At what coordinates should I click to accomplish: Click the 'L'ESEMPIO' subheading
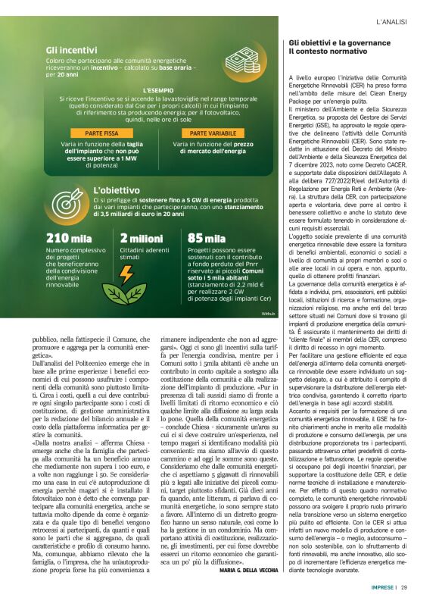[158, 89]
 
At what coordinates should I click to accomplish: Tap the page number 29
[405, 587]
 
